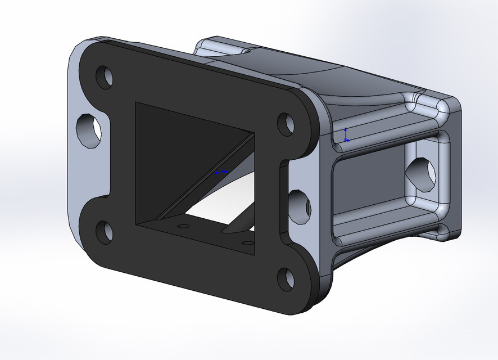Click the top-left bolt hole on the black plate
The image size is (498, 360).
104,77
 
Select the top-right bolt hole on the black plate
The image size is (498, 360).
287,124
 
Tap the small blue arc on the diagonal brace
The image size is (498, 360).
221,173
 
